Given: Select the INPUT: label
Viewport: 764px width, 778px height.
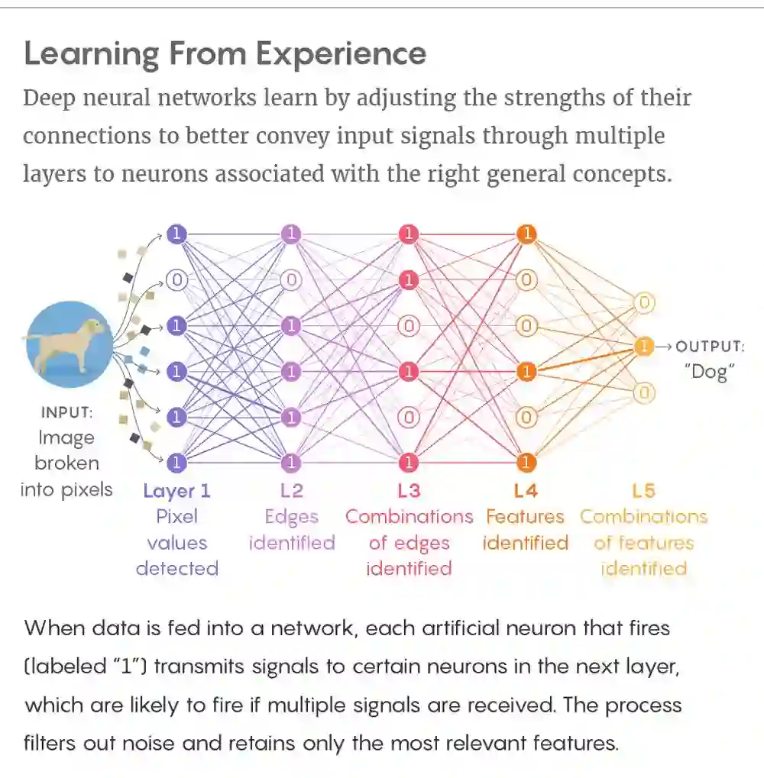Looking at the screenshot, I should click(x=67, y=412).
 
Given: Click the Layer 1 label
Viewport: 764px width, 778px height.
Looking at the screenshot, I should click(x=176, y=490).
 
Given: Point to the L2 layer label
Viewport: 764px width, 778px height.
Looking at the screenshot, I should click(x=291, y=490).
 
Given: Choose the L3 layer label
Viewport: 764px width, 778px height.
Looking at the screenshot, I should click(x=409, y=490).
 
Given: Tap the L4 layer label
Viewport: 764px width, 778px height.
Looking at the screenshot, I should click(x=525, y=490).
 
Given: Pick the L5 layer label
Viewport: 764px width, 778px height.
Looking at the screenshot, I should click(x=644, y=490).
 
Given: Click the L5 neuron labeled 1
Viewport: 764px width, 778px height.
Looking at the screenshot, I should click(x=644, y=347).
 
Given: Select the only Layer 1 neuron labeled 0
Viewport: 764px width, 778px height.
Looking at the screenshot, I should click(x=176, y=280).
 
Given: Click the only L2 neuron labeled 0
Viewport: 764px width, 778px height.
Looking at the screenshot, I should click(x=291, y=280).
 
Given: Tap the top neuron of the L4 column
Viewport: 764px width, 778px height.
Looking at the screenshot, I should click(x=526, y=234).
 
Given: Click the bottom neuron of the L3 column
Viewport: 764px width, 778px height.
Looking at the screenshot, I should click(x=409, y=462).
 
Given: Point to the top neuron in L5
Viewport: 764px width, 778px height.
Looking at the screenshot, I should click(x=644, y=303).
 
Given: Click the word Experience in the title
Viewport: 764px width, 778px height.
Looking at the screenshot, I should click(x=341, y=54).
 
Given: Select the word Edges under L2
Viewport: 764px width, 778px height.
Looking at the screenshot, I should click(x=291, y=517).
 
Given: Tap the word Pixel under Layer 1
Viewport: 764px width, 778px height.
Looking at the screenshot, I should click(x=176, y=517).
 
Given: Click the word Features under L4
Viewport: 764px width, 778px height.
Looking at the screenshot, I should click(x=525, y=517).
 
